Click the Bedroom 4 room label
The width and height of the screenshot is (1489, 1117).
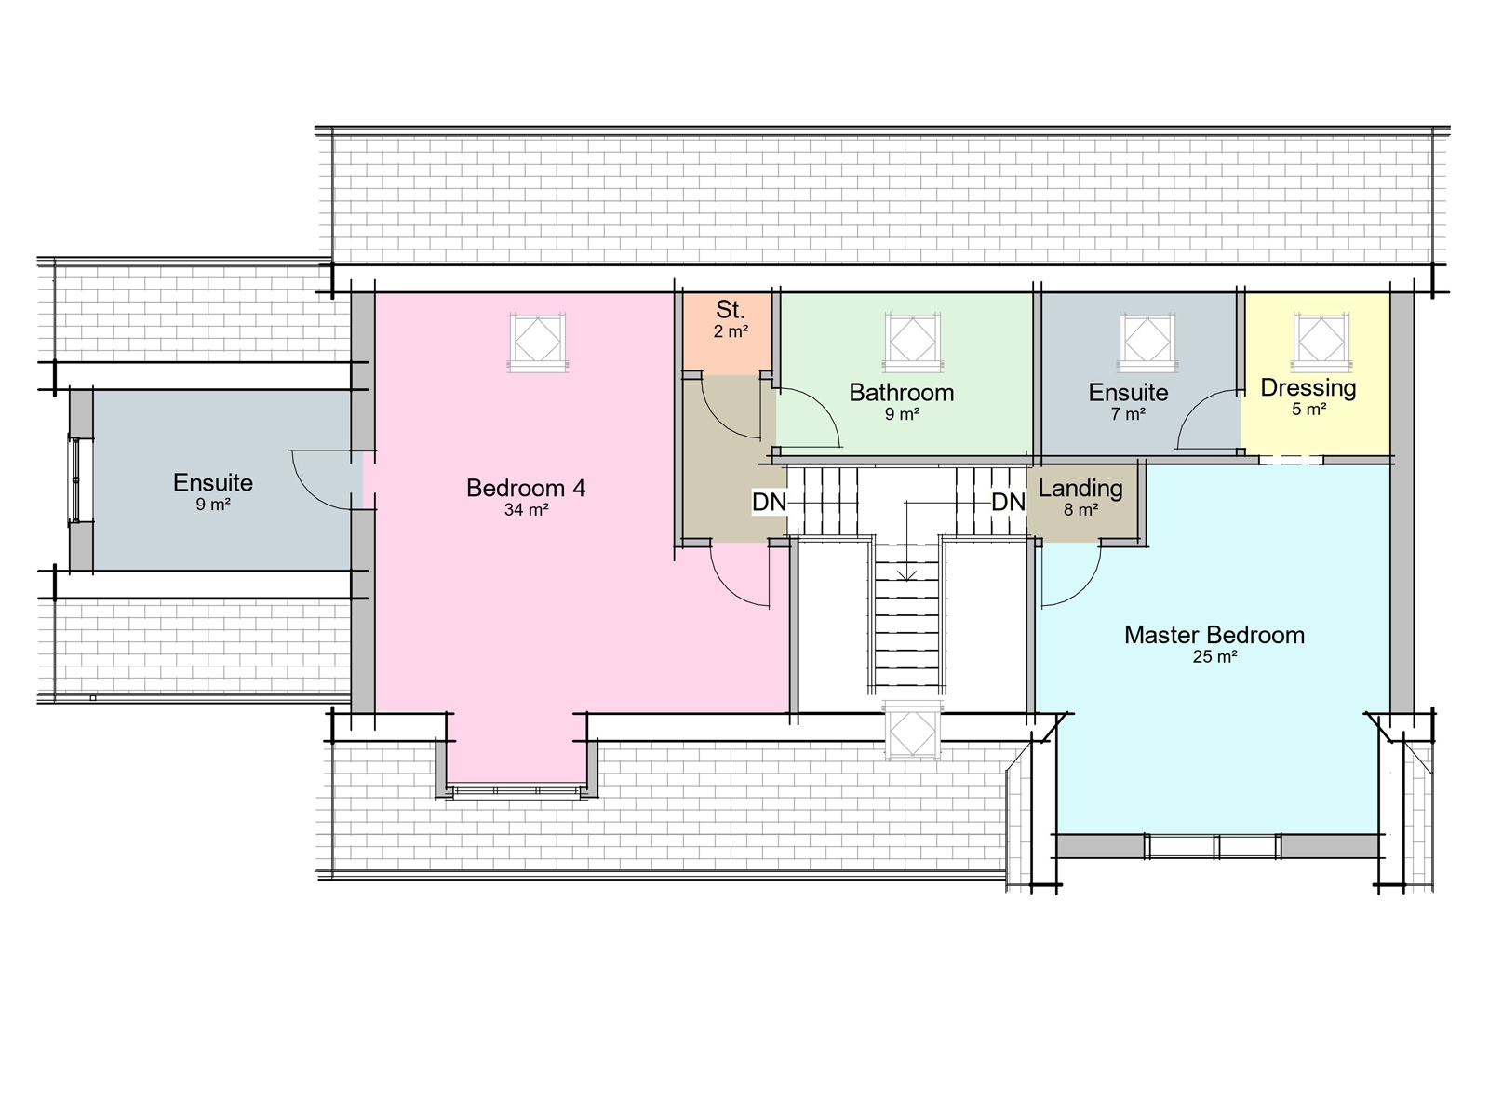tap(526, 488)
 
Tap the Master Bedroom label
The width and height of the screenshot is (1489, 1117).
tap(1214, 635)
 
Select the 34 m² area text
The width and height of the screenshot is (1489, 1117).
tap(526, 510)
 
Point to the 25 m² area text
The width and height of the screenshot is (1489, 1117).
tap(1214, 657)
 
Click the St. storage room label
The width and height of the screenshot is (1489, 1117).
tap(730, 310)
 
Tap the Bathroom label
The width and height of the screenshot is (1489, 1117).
tap(901, 393)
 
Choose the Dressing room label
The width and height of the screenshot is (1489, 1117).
tap(1308, 387)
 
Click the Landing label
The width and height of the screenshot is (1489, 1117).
tap(1080, 488)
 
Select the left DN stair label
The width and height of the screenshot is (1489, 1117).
tap(769, 503)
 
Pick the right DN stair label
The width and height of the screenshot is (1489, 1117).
tap(1008, 503)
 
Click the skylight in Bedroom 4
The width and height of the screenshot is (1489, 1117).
tap(538, 342)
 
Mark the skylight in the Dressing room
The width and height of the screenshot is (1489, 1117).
tap(1321, 340)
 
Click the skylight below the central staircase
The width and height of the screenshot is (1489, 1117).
tap(912, 732)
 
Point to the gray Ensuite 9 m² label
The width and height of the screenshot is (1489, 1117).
tap(212, 483)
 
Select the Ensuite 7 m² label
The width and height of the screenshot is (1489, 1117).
tap(1128, 393)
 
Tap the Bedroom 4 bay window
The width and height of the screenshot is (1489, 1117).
tap(516, 791)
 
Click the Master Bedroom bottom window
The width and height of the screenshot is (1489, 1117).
tap(1213, 846)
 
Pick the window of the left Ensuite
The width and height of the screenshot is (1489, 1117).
tap(74, 479)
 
